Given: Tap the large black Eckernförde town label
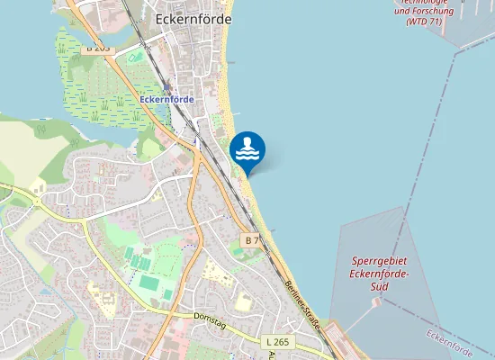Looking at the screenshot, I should [193, 19].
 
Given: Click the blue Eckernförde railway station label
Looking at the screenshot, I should [166, 99].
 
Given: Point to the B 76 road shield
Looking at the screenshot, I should [253, 240].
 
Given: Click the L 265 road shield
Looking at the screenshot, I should [278, 343].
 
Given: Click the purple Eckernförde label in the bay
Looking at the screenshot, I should [450, 344].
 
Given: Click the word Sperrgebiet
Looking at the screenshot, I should [381, 262].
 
